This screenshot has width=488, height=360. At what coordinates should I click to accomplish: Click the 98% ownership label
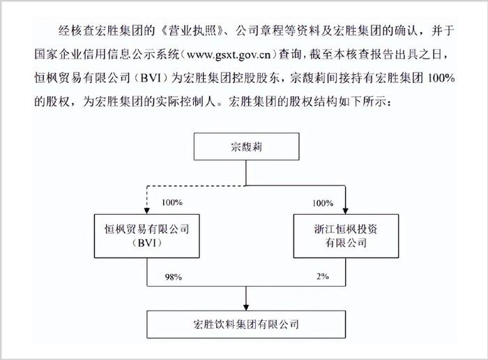(174, 276)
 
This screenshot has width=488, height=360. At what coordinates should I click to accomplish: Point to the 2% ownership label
(322, 276)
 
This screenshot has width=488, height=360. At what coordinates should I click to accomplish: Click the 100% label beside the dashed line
(171, 202)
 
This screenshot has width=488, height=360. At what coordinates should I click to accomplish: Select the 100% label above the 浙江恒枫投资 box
(323, 203)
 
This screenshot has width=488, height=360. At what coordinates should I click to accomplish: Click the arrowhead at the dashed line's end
(147, 211)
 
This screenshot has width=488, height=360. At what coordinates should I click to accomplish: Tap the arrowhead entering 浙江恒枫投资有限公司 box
(346, 211)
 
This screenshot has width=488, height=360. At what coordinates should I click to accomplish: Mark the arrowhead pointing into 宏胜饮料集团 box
(246, 308)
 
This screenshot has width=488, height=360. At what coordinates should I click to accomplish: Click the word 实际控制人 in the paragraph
(186, 102)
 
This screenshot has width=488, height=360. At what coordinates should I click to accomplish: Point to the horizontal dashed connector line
(197, 186)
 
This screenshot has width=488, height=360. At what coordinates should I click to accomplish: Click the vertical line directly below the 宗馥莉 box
(246, 173)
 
